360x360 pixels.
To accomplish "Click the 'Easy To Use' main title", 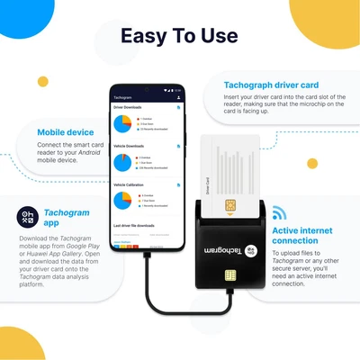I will [x=180, y=36].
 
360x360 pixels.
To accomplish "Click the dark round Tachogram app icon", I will [x=28, y=216].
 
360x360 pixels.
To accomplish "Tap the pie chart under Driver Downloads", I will [x=123, y=122].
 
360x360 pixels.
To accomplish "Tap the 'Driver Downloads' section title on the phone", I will [x=128, y=107].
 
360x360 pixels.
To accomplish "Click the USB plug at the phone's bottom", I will [x=147, y=260].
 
